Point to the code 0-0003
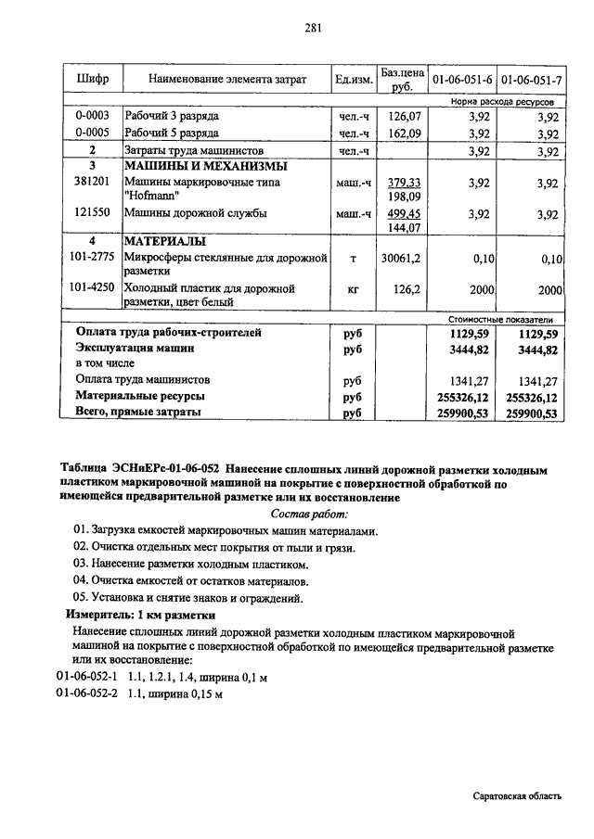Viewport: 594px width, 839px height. coord(92,116)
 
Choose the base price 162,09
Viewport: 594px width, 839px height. coord(404,133)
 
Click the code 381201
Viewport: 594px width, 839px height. coord(92,183)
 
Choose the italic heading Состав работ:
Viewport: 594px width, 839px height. coord(309,513)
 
